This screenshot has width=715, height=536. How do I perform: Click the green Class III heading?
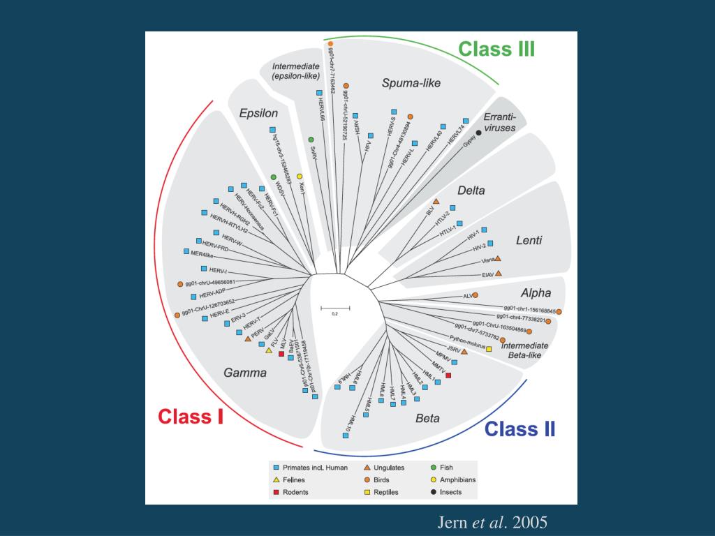(496, 49)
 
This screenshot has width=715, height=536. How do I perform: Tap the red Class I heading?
(190, 417)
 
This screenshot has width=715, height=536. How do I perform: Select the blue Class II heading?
(520, 429)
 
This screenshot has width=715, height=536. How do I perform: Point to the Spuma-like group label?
(411, 83)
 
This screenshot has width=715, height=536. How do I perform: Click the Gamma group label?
(244, 373)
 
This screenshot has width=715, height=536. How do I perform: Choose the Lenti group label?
(529, 241)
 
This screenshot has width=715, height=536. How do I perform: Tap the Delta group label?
(471, 191)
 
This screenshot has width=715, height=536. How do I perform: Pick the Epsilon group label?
(258, 113)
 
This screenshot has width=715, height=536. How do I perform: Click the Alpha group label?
(536, 293)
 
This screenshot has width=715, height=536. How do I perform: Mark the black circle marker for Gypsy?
(478, 133)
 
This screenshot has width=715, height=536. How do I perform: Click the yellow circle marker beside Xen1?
(300, 177)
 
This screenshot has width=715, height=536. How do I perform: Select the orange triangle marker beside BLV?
(436, 202)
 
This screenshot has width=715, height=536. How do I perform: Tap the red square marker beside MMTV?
(448, 375)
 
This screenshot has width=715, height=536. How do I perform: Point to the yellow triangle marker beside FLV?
(268, 351)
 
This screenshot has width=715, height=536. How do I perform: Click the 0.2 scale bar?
(335, 308)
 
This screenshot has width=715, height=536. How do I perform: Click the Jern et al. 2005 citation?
(492, 522)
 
